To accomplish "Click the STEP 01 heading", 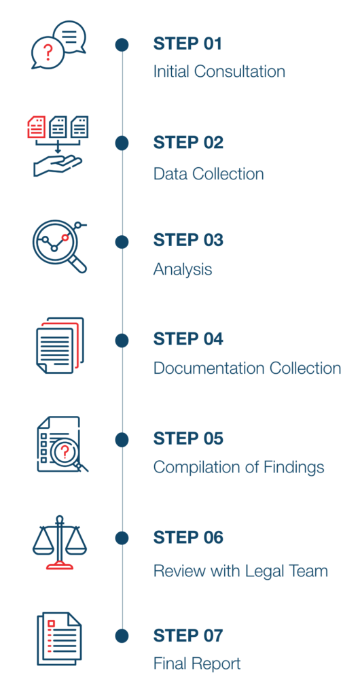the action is click(187, 44).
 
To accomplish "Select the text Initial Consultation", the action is click(219, 71).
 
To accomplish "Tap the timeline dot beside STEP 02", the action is click(122, 143).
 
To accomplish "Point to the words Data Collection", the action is click(209, 173).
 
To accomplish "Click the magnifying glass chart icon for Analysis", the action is click(59, 245).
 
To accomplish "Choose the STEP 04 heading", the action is click(188, 340).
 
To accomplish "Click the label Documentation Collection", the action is click(247, 368).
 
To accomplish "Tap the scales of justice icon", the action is click(59, 542).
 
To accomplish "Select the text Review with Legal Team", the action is click(240, 570).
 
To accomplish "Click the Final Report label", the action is click(197, 663).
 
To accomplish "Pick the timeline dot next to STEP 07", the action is click(122, 636).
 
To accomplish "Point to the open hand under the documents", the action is click(58, 166).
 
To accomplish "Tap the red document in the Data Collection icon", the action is click(37, 126).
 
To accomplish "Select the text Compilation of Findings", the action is click(238, 467).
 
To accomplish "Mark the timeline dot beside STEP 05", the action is click(122, 440).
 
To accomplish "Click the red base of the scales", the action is click(59, 565).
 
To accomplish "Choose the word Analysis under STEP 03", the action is click(183, 269).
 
